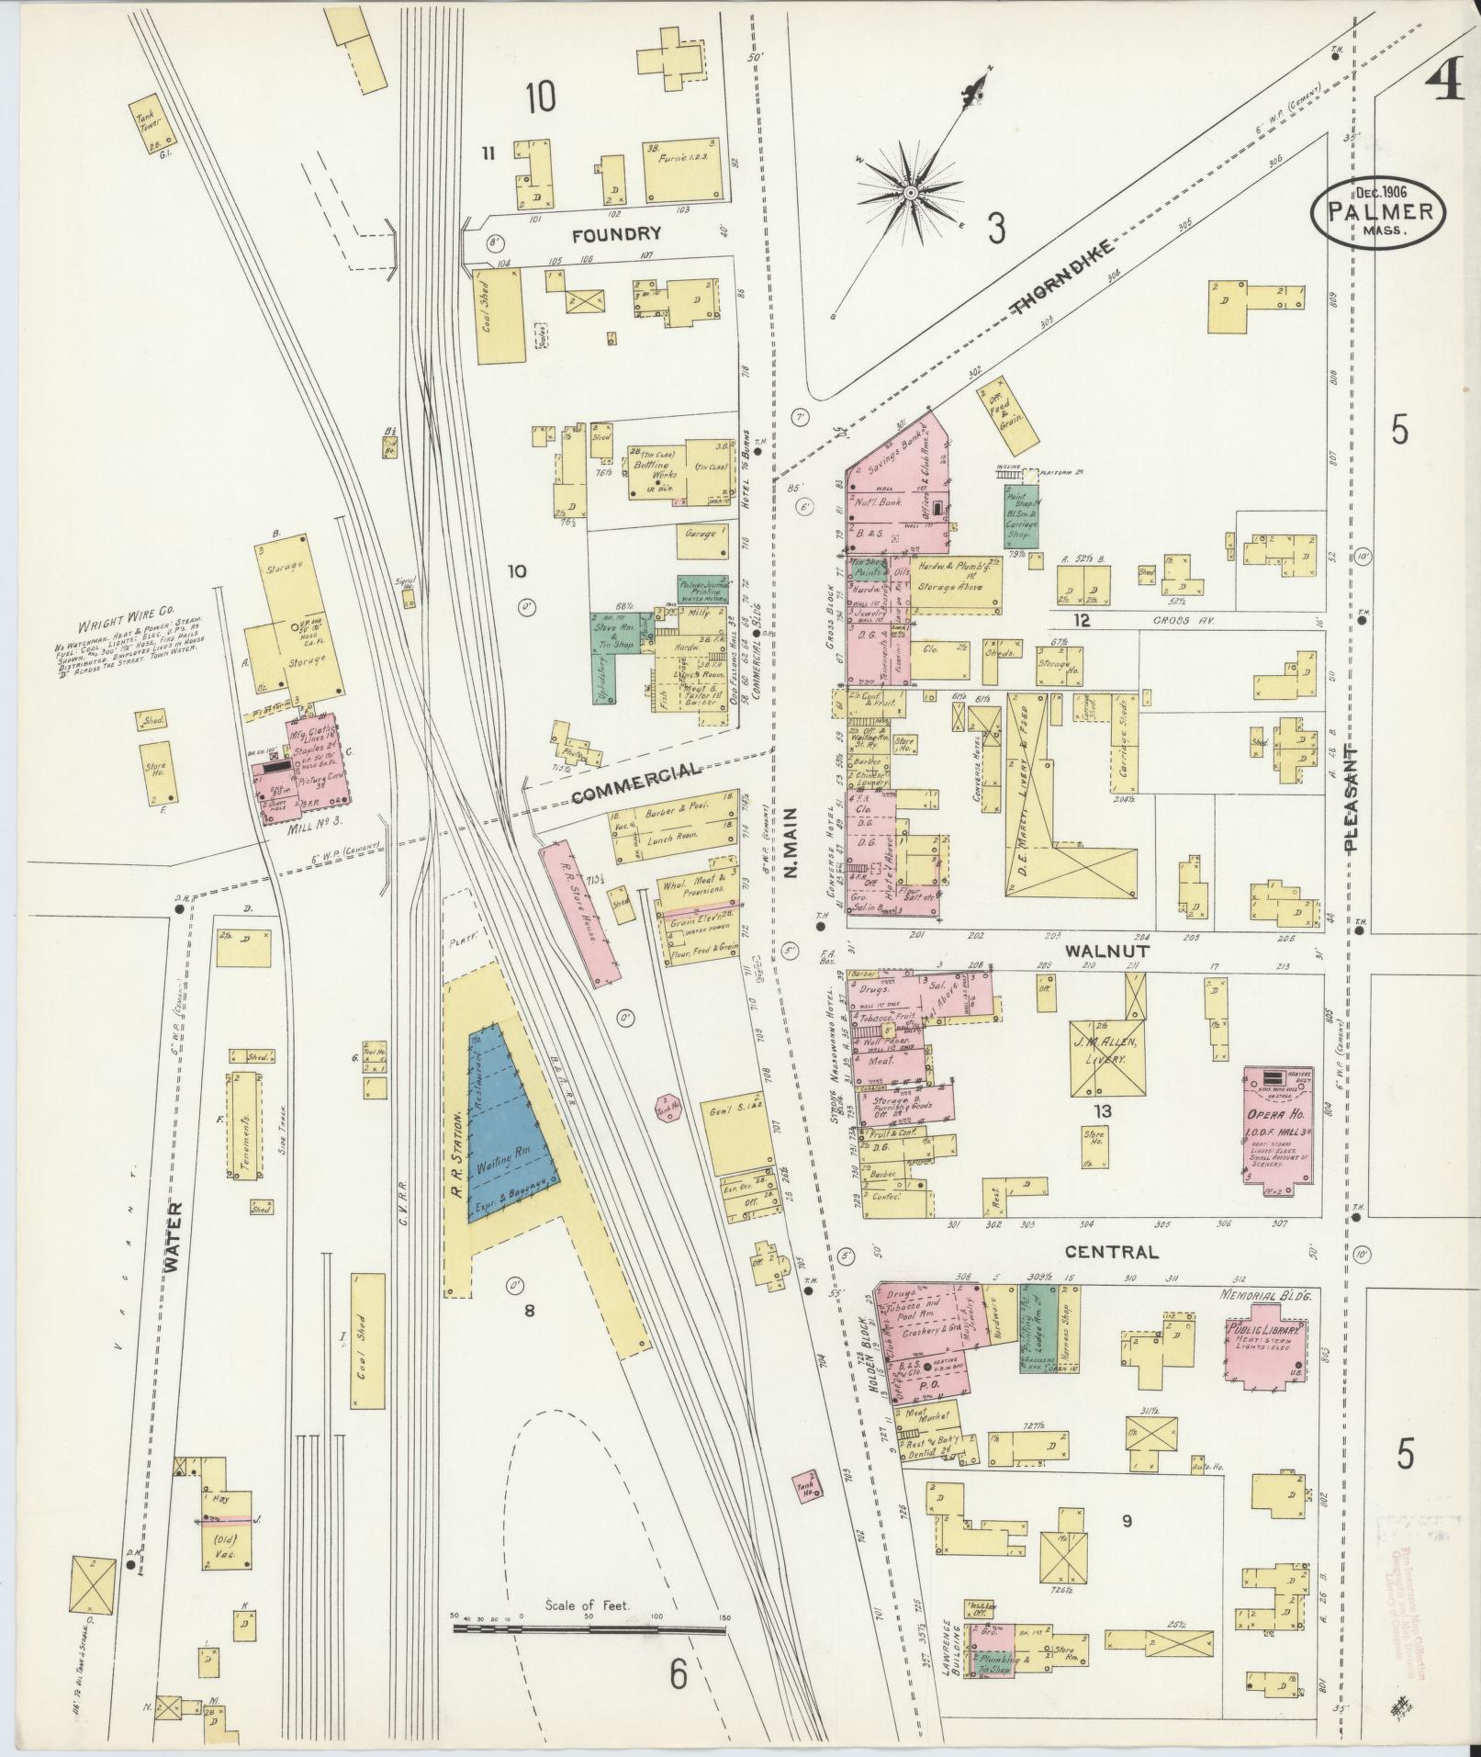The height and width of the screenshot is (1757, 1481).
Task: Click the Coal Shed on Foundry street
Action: point(499,317)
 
